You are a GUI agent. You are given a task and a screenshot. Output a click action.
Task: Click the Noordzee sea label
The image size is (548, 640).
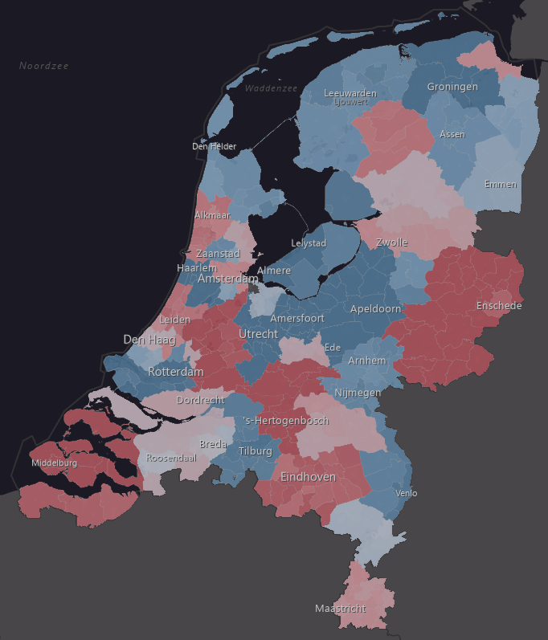click(x=44, y=65)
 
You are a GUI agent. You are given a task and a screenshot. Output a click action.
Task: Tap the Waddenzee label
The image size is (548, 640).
click(x=272, y=88)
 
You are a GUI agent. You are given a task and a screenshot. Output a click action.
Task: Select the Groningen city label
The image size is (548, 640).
click(x=452, y=87)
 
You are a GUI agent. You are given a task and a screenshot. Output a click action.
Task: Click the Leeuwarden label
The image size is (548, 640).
click(x=350, y=94)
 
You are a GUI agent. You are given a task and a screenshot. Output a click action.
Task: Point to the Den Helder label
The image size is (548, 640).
click(x=215, y=146)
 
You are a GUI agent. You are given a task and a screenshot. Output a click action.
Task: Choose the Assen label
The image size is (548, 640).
click(x=452, y=134)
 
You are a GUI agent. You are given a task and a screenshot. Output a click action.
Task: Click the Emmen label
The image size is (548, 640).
click(x=501, y=184)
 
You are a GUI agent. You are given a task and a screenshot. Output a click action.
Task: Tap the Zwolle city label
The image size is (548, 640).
click(x=392, y=243)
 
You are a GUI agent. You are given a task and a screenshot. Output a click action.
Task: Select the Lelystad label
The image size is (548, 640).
click(x=309, y=243)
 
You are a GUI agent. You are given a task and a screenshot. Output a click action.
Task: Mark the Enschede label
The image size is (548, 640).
click(x=499, y=306)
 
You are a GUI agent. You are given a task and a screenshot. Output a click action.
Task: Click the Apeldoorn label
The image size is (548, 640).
click(x=375, y=309)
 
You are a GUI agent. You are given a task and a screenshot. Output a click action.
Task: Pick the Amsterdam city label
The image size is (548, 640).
click(x=228, y=279)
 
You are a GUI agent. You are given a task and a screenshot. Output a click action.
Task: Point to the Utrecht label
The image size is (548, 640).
click(x=258, y=333)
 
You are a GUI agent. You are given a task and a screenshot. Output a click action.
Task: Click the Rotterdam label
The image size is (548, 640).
click(x=175, y=372)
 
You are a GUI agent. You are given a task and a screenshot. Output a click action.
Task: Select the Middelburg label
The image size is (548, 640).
click(x=55, y=463)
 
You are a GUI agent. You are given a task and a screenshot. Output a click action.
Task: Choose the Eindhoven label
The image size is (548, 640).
click(x=308, y=476)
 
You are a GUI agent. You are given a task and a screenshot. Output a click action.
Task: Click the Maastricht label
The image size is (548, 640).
click(x=340, y=608)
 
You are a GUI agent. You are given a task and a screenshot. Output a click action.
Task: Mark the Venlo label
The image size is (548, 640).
click(x=407, y=493)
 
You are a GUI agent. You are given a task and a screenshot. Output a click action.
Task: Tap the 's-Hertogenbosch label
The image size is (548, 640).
click(x=286, y=421)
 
